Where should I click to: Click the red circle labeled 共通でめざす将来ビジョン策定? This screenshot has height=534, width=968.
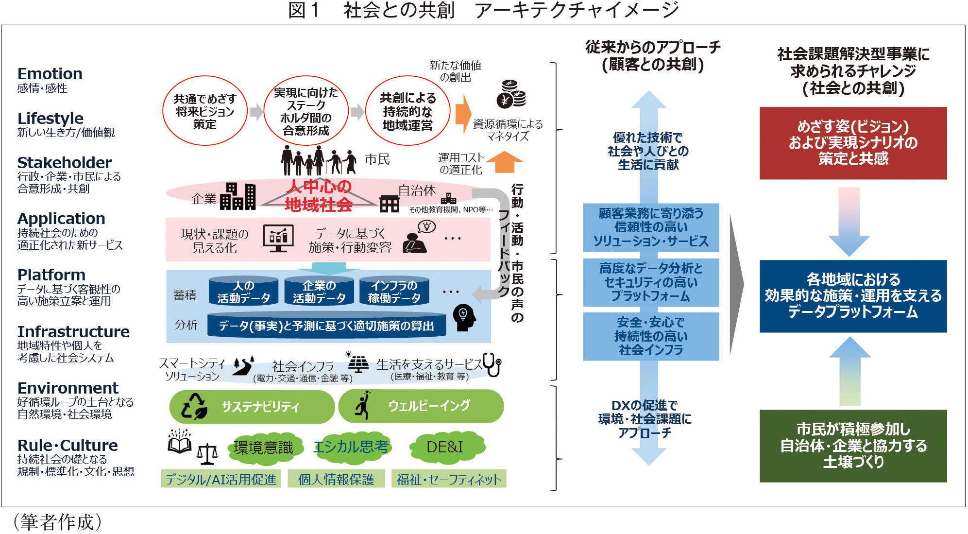point(204,111)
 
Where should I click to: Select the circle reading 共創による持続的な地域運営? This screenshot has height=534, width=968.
point(407,111)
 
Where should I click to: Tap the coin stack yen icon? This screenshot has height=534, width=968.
point(511,94)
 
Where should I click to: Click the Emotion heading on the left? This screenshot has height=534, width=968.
point(50,74)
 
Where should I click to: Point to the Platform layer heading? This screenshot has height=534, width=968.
point(51,275)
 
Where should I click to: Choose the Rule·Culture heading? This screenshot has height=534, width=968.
point(68,445)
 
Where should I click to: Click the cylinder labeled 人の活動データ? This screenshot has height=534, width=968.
point(243,292)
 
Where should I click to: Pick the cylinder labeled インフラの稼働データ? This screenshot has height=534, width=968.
point(394,292)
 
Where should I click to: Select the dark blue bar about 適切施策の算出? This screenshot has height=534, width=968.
point(326,326)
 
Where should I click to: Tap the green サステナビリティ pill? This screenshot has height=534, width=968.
point(252,406)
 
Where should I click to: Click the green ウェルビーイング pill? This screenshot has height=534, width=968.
point(421,406)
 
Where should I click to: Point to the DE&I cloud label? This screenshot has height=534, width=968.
point(444,447)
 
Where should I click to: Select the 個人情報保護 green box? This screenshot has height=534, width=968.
point(336,479)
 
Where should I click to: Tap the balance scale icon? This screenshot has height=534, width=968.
point(207,454)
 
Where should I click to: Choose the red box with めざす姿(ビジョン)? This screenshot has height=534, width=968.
point(853,143)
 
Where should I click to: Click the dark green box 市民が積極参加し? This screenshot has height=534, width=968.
point(853,446)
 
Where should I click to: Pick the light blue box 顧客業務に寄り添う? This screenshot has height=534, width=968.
point(650,227)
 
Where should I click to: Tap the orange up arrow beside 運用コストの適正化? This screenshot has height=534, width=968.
point(504,162)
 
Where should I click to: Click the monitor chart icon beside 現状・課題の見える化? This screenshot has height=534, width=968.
point(278,238)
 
